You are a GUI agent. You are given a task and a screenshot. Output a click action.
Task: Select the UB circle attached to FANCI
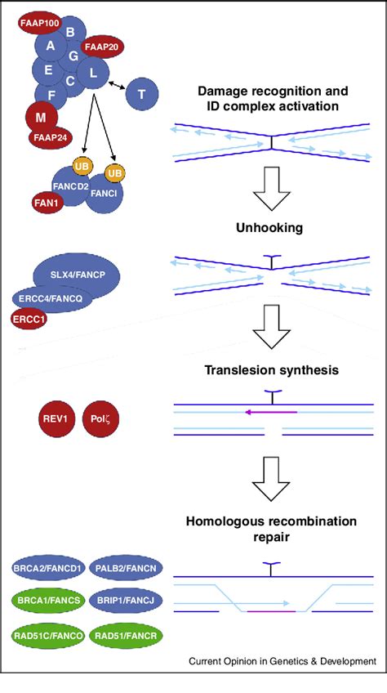click(115, 172)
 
